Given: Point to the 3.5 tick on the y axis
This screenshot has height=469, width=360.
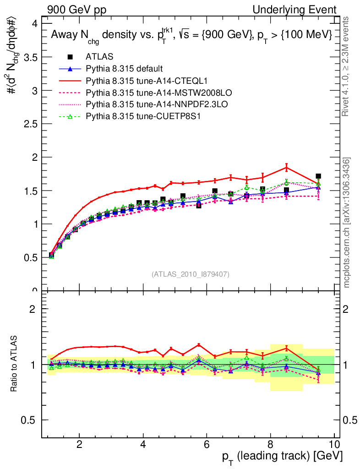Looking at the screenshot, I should [33, 57].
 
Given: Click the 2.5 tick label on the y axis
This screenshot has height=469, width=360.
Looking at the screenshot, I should [33, 124].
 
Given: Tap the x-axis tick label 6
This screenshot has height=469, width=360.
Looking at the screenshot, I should [207, 444].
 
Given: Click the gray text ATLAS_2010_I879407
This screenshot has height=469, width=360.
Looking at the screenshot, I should [191, 274].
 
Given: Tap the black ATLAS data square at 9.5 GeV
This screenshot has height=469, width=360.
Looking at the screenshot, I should [318, 176].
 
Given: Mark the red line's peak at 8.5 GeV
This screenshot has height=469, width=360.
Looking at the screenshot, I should [286, 166].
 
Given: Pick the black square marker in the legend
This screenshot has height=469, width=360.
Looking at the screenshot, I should [70, 57].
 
